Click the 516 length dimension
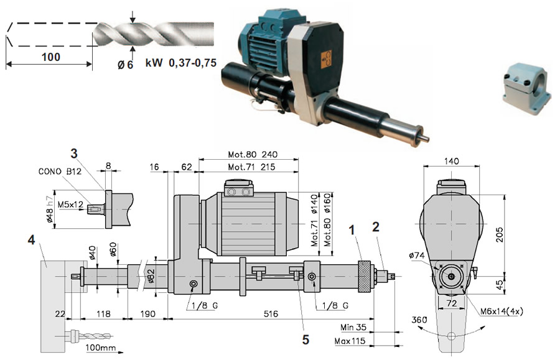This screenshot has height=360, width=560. pyautogui.click(x=271, y=314)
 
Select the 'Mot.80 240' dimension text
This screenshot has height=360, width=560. pyautogui.click(x=253, y=154)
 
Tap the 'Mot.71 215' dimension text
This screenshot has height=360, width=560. pyautogui.click(x=251, y=167)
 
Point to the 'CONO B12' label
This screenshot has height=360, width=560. pyautogui.click(x=60, y=172)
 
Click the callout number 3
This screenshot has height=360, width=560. pyautogui.click(x=74, y=154)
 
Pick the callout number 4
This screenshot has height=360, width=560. pyautogui.click(x=32, y=240)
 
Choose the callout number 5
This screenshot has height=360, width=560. pyautogui.click(x=306, y=339)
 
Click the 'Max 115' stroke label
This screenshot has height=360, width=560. pyautogui.click(x=350, y=341)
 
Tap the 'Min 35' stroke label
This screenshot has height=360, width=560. pyautogui.click(x=353, y=327)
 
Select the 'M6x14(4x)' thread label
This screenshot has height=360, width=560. pyautogui.click(x=502, y=311)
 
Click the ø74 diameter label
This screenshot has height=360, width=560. pyautogui.click(x=416, y=256)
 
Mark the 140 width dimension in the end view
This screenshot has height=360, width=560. pyautogui.click(x=452, y=161)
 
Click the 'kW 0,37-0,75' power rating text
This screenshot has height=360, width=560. pyautogui.click(x=180, y=63)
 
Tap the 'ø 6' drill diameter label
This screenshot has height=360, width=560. pyautogui.click(x=125, y=65)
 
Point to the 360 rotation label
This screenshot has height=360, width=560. pyautogui.click(x=419, y=320)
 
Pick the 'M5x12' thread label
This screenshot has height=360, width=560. pyautogui.click(x=70, y=205)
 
